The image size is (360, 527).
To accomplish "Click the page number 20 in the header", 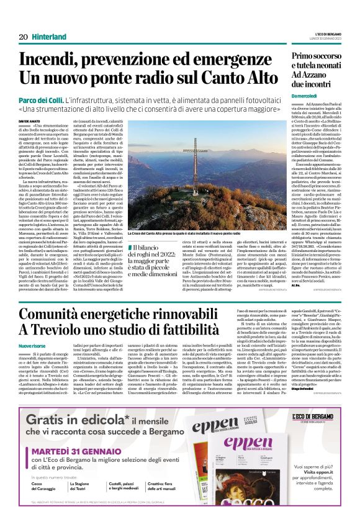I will (x=23, y=37).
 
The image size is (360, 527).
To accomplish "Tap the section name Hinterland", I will (x=50, y=37).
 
